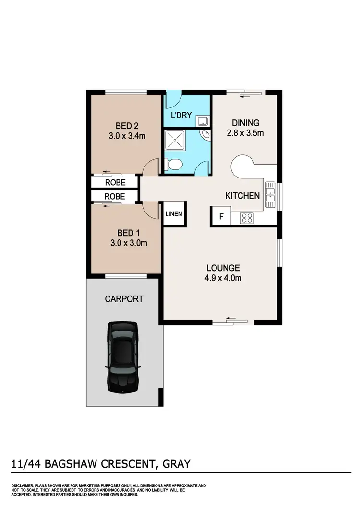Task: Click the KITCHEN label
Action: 243,195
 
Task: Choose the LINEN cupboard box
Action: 174,214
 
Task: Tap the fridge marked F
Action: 221,216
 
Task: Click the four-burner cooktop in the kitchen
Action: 247,218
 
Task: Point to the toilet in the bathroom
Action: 174,165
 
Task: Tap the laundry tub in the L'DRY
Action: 203,120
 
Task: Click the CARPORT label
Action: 124,299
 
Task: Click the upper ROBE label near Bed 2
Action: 115,183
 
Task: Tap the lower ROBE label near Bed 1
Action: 115,196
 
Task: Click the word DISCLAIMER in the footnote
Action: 22,486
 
